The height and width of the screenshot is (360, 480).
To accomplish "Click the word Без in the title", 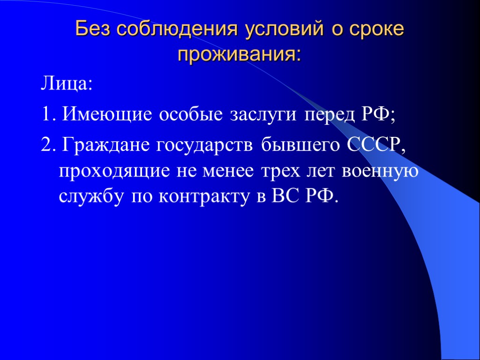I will coord(94,30).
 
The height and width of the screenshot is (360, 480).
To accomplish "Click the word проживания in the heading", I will coord(239,54).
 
